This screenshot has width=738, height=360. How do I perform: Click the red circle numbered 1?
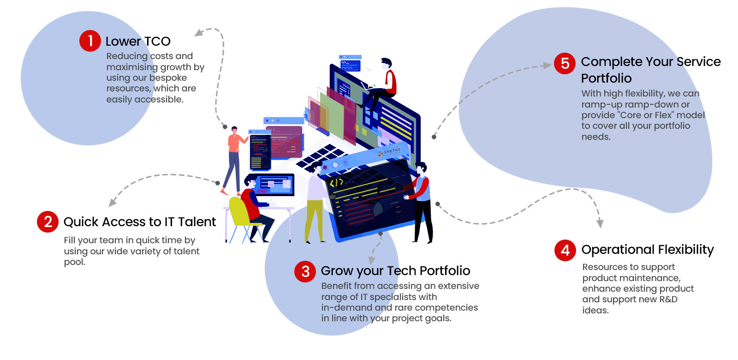point(90,41)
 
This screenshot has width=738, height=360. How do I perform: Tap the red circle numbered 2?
point(48,222)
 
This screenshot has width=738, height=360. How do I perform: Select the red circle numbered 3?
point(305,271)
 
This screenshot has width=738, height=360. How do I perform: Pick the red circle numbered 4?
point(565,250)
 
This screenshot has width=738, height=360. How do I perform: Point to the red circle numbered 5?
point(565,63)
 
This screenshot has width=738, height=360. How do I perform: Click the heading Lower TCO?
point(138,42)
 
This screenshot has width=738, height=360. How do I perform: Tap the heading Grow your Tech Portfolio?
point(395,271)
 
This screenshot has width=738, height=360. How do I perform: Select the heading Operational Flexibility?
point(647,250)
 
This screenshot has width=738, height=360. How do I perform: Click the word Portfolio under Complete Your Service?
point(606,78)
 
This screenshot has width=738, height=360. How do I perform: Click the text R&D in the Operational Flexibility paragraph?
point(668,299)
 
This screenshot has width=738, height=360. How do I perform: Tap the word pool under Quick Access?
point(74,262)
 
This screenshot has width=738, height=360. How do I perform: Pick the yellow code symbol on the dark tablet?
point(336,183)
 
